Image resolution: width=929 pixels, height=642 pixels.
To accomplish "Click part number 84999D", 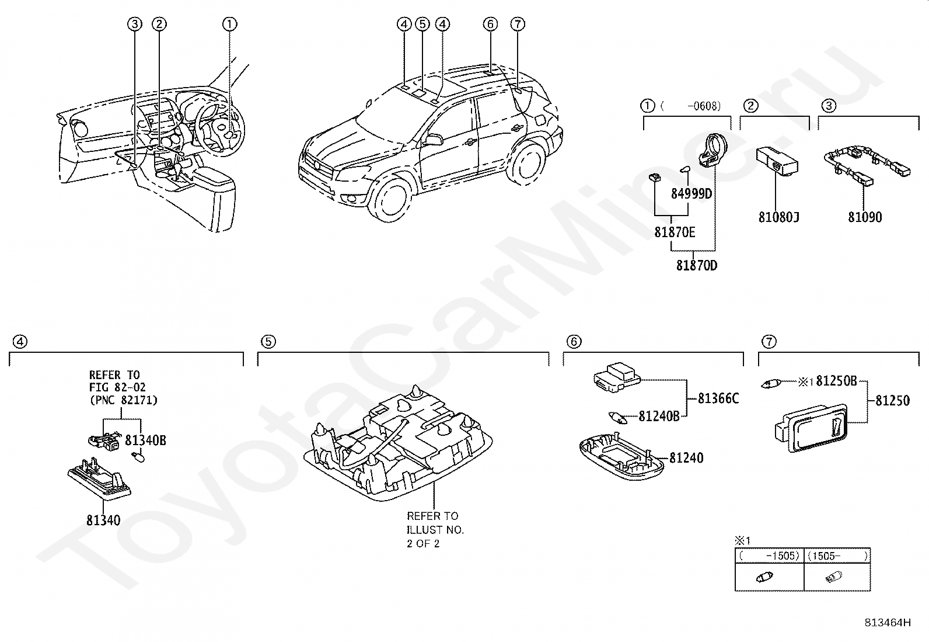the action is [x=691, y=193].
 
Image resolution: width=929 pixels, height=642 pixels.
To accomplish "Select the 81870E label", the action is [x=675, y=232].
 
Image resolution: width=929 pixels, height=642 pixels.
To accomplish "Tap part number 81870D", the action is [x=697, y=265].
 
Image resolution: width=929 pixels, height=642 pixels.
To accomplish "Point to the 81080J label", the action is [x=779, y=217].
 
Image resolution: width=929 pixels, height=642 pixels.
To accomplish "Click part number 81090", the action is [x=865, y=217].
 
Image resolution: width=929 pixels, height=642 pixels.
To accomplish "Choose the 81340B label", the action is [x=145, y=440].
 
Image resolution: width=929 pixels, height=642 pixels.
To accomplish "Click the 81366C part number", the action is [x=718, y=398].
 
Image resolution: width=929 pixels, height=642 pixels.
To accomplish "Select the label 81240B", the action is [x=659, y=416].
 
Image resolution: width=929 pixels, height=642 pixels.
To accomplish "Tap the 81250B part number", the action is [x=836, y=381].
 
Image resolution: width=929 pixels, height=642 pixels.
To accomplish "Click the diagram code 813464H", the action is [x=888, y=623].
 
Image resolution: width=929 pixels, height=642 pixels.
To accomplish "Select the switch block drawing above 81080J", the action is [x=776, y=162].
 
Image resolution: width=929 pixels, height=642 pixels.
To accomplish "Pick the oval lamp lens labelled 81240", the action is [x=621, y=457].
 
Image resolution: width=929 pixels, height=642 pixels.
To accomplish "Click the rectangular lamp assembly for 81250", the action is [x=811, y=428].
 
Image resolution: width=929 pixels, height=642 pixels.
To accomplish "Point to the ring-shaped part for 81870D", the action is [x=714, y=150].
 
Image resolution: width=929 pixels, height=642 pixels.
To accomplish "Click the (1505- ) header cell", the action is [x=837, y=556].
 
